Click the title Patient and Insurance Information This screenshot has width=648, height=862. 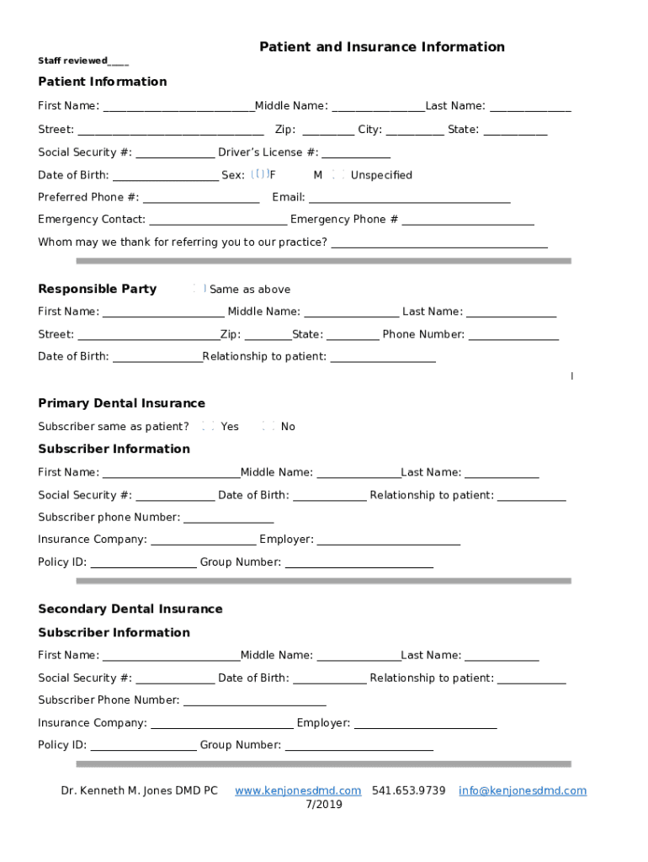coord(381,47)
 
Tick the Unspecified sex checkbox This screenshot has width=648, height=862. coord(338,174)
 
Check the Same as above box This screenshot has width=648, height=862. coord(199,289)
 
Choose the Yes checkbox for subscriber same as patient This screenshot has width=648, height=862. coord(209,426)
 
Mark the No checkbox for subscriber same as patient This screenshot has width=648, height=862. coord(269,426)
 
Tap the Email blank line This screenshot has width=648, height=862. coord(409,199)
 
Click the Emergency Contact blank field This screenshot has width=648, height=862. coord(217,221)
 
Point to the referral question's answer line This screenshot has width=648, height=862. coord(439,244)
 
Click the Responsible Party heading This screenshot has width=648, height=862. coord(97,289)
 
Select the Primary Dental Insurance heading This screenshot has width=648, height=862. coord(121,403)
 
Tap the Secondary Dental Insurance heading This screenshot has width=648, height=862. coord(130,609)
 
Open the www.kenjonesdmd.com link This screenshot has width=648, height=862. coord(298,790)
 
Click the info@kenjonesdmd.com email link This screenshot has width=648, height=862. coord(522,790)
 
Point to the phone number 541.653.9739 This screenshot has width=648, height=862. coord(408,790)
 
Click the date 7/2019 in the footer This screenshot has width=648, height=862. coord(323,804)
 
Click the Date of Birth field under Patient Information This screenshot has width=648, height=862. coord(165,177)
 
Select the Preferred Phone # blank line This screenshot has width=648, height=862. coord(201,199)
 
